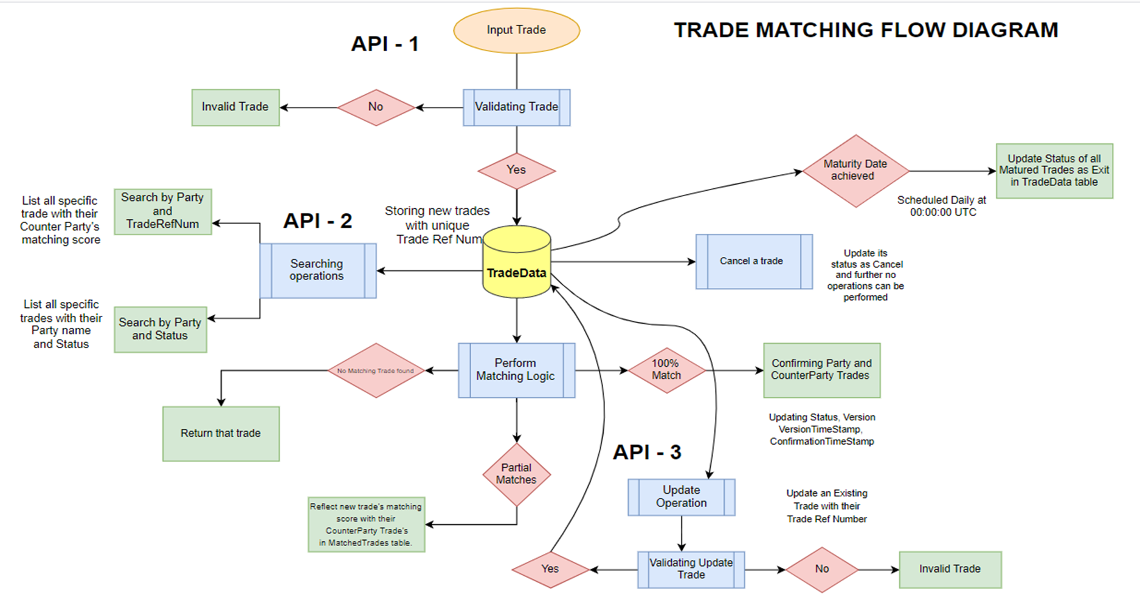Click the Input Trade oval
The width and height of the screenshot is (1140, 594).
pos(516,30)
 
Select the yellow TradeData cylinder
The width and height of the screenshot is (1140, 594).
pos(516,262)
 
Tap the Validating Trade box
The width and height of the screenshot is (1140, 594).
pos(516,108)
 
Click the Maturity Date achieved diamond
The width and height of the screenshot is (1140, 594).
pos(855,171)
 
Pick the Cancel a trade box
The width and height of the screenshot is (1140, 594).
pos(753,261)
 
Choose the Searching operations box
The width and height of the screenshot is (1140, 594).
pos(317,270)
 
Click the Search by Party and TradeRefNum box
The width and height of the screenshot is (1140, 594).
pos(162,211)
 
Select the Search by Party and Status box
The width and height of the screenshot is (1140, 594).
pos(160,329)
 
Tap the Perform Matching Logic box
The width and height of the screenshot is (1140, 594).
pos(516,370)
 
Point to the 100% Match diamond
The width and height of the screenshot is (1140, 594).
pos(666,370)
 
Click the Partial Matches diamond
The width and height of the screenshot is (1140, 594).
pos(516,474)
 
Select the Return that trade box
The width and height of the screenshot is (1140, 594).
pos(221,434)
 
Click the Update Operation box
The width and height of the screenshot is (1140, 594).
pos(681,497)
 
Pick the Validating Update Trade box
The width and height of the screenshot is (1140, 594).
pos(691,569)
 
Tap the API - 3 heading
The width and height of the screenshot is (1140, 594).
pos(646,452)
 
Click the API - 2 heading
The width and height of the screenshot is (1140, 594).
pos(317,221)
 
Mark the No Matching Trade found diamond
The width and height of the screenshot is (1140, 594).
pos(376,370)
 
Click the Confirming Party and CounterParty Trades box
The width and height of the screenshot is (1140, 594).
pos(821,370)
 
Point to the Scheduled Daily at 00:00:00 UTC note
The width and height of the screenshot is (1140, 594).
pos(942,206)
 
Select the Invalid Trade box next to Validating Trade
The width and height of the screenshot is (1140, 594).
pos(235,108)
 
